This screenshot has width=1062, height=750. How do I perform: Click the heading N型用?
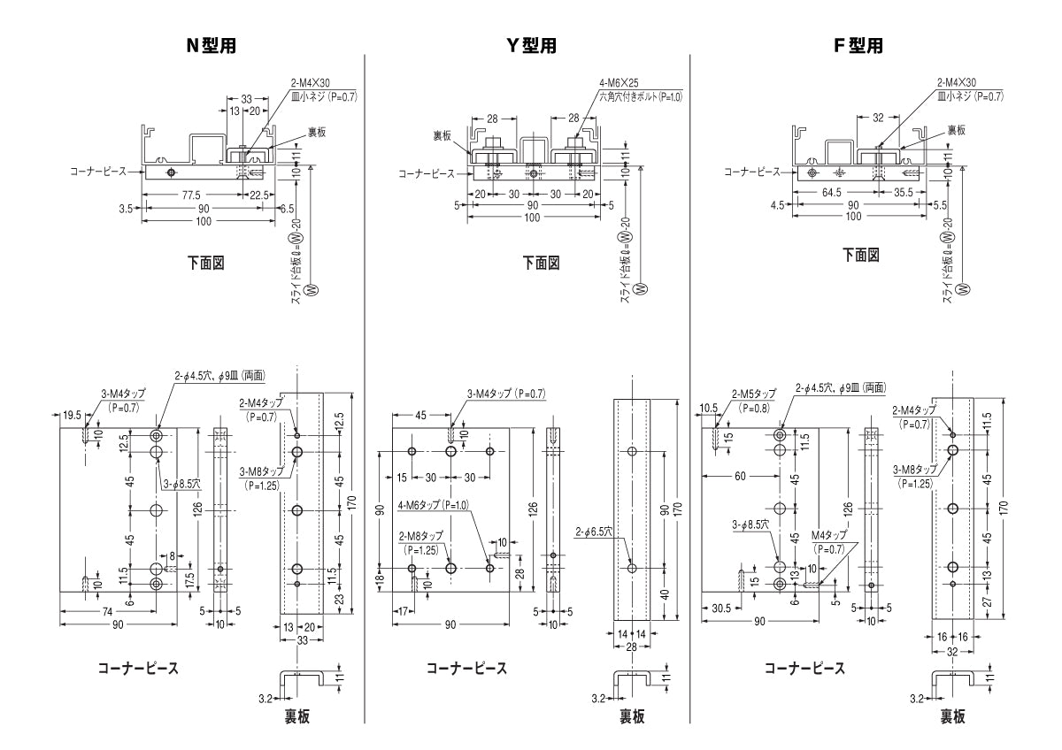pos(210,46)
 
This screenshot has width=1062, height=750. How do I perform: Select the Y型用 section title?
pos(531,46)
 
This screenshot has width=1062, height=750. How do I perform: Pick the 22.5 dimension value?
pos(259,194)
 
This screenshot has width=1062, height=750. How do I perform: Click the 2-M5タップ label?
pos(753,394)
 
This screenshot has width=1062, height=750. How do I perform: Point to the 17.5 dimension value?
pos(190,580)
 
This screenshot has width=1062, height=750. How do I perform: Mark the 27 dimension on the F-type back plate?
pos(988,601)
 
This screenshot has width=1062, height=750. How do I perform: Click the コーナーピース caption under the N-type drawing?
pos(137,668)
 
